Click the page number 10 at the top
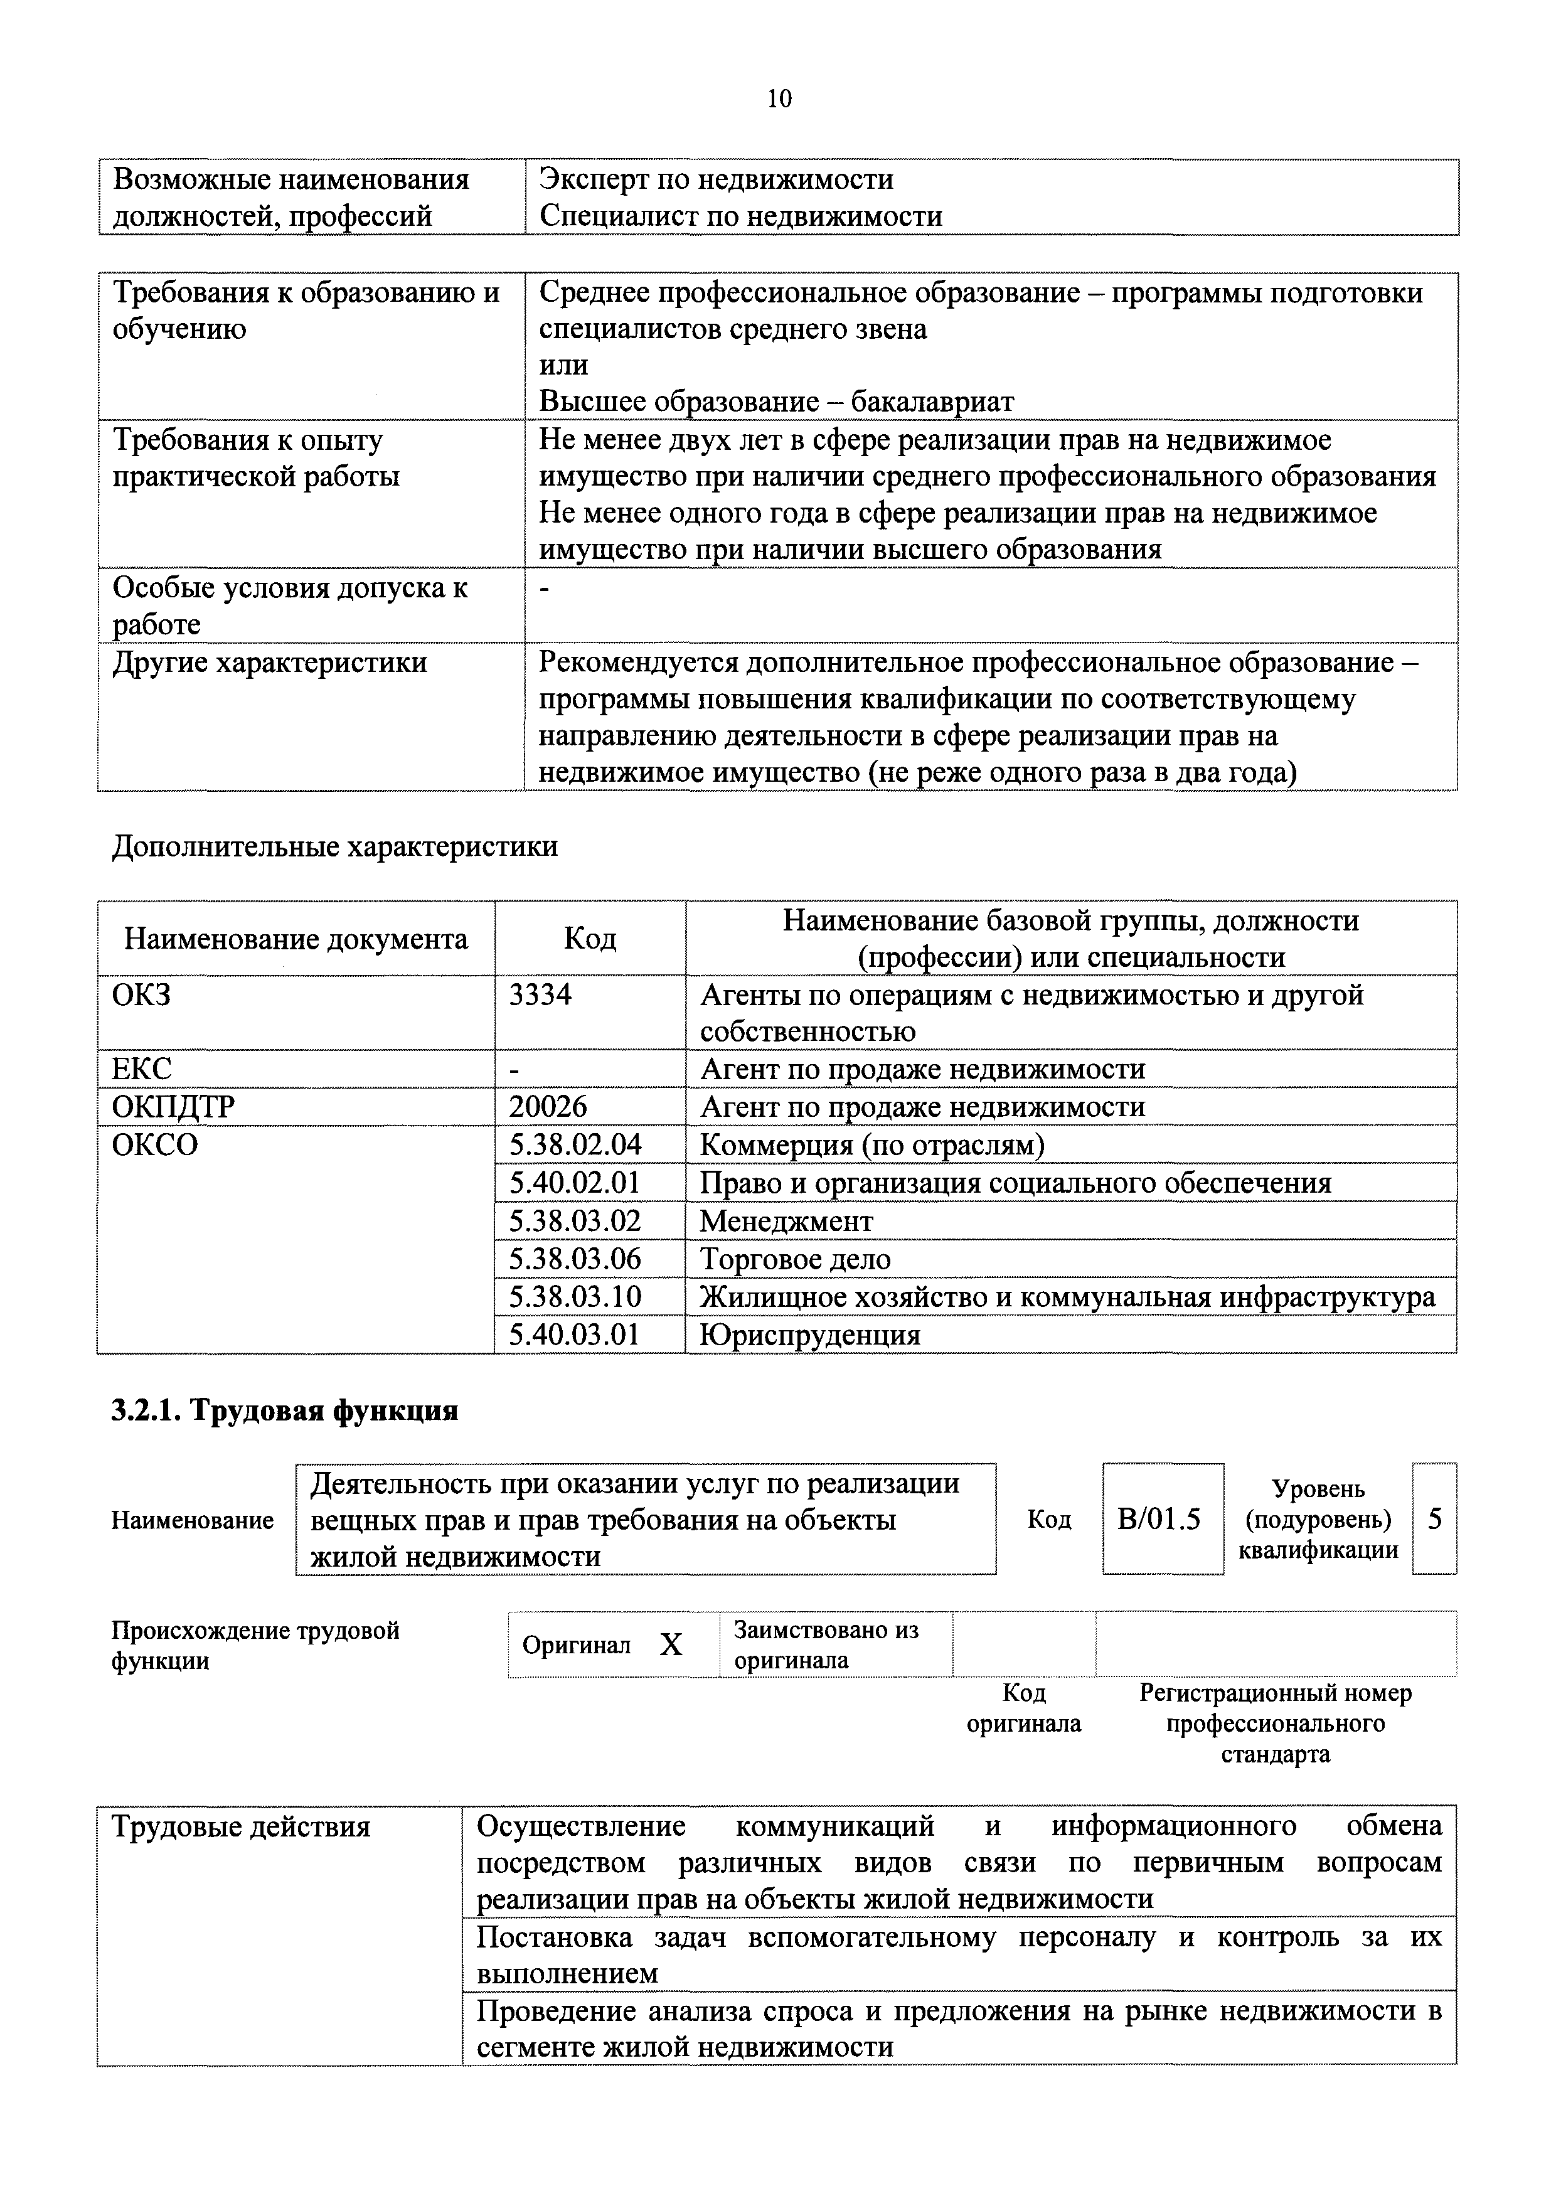click(779, 99)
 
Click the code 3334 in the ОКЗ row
click(540, 995)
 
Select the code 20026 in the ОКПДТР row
click(548, 1107)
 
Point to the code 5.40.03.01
click(574, 1335)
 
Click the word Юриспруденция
click(810, 1335)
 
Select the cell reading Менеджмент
click(786, 1222)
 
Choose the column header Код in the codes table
click(590, 939)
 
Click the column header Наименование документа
click(296, 939)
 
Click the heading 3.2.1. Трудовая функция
click(285, 1410)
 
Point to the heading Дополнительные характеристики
click(334, 846)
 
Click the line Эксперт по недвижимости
click(716, 179)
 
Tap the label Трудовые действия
click(242, 1827)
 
